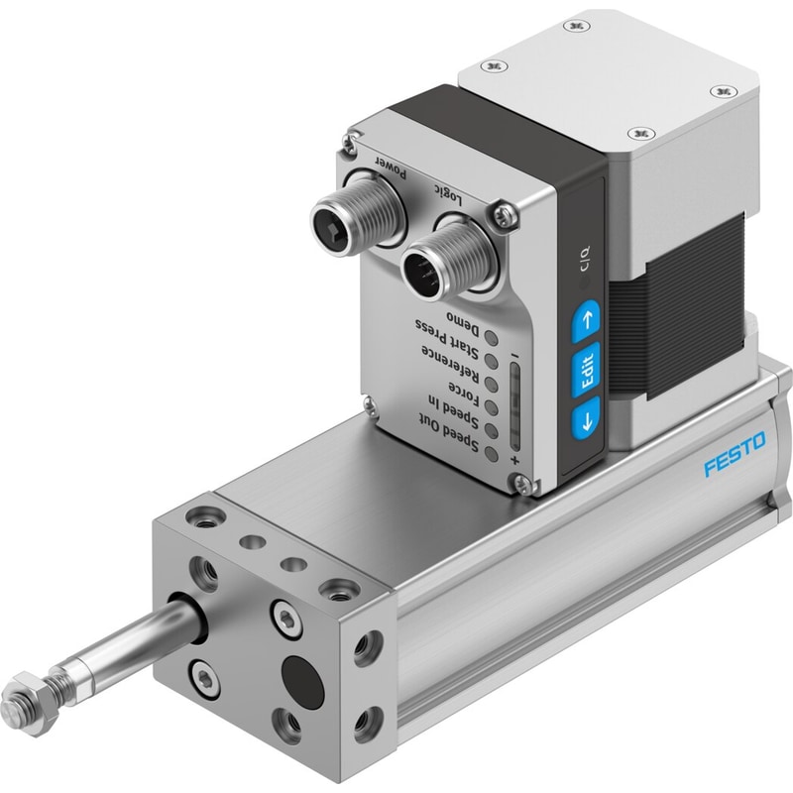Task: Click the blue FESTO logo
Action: point(736,454)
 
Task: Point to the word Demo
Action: point(462,323)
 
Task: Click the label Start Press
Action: point(448,337)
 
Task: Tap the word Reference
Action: point(450,363)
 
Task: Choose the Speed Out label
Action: point(449,431)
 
